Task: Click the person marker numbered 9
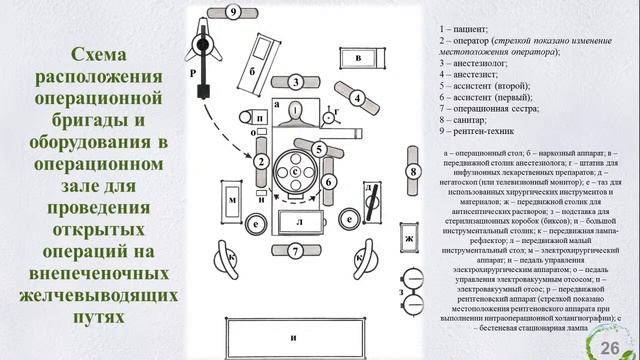231,13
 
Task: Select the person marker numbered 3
297,82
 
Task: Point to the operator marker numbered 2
258,163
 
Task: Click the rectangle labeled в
358,59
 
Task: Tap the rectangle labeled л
296,220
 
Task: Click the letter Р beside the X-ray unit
192,72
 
